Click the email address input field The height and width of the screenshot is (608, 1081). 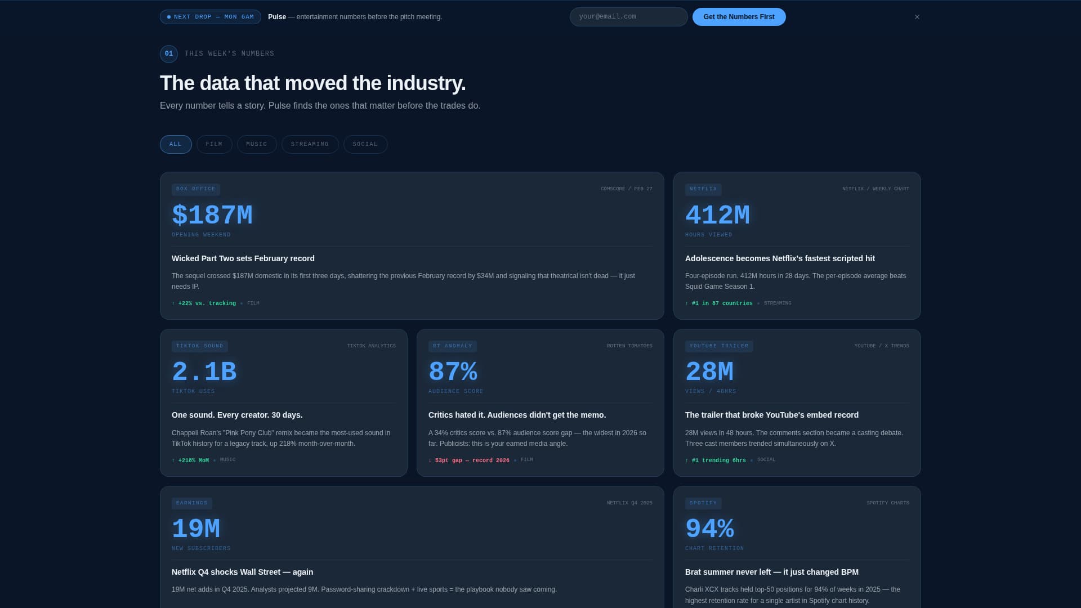click(628, 17)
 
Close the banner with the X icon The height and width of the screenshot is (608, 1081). click(917, 17)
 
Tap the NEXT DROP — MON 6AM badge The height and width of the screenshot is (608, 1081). click(210, 17)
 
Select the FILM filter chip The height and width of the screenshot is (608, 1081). click(214, 144)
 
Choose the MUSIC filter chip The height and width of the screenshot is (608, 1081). click(257, 144)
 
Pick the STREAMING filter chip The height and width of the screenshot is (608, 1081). click(310, 144)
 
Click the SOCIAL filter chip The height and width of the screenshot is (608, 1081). click(365, 144)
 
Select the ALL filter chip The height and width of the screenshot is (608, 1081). click(176, 144)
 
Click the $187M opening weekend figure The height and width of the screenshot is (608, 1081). click(212, 216)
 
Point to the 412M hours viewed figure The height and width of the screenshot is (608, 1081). click(717, 216)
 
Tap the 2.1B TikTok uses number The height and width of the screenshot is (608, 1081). click(204, 372)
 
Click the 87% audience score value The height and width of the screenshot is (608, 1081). click(453, 372)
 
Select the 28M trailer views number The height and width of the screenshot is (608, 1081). click(709, 372)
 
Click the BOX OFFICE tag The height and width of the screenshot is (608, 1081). click(195, 189)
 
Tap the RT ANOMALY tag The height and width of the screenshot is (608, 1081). click(452, 346)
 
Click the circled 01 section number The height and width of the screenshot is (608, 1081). click(169, 54)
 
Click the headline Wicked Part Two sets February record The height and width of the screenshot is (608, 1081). click(243, 258)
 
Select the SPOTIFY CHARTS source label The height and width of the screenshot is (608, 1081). click(887, 503)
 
